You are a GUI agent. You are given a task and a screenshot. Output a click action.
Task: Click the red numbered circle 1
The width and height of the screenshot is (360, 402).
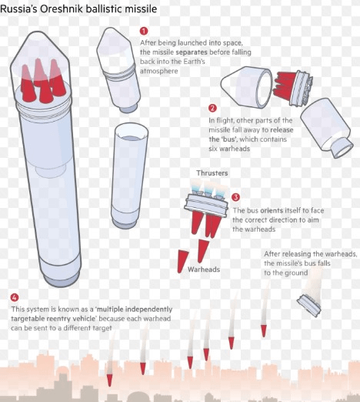[144, 31]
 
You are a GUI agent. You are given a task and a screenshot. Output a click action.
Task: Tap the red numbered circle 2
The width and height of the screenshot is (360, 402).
[212, 108]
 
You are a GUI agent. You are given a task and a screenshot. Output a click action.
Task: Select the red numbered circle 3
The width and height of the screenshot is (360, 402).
[235, 197]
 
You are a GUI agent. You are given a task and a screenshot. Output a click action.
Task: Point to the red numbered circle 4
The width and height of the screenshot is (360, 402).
[15, 297]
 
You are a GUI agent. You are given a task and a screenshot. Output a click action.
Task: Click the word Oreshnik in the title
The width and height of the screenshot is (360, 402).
[62, 9]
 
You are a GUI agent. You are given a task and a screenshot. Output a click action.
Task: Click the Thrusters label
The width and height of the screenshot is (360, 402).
[212, 173]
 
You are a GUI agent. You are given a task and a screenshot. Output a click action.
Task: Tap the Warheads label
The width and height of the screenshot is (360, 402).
[204, 270]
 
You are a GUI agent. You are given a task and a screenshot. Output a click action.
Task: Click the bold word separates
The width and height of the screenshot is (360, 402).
[192, 52]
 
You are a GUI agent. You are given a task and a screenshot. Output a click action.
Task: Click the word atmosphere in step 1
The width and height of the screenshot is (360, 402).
[159, 71]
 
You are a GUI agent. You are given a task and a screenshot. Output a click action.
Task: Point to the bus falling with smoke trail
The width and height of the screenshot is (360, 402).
[309, 306]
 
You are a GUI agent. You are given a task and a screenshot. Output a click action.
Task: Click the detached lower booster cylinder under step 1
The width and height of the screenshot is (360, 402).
[129, 176]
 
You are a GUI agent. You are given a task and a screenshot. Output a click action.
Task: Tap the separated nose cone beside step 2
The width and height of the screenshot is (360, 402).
[246, 86]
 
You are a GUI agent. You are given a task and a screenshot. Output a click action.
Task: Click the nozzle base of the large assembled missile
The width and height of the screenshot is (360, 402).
[61, 279]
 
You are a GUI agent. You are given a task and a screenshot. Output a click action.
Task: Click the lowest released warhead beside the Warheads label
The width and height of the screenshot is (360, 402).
[183, 261]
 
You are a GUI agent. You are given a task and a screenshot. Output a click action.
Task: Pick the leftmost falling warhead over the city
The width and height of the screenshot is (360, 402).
[109, 380]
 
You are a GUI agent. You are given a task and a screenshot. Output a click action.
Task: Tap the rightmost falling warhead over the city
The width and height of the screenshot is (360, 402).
[264, 331]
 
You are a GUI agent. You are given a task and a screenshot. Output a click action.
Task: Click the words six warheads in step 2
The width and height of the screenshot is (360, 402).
[229, 149]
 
